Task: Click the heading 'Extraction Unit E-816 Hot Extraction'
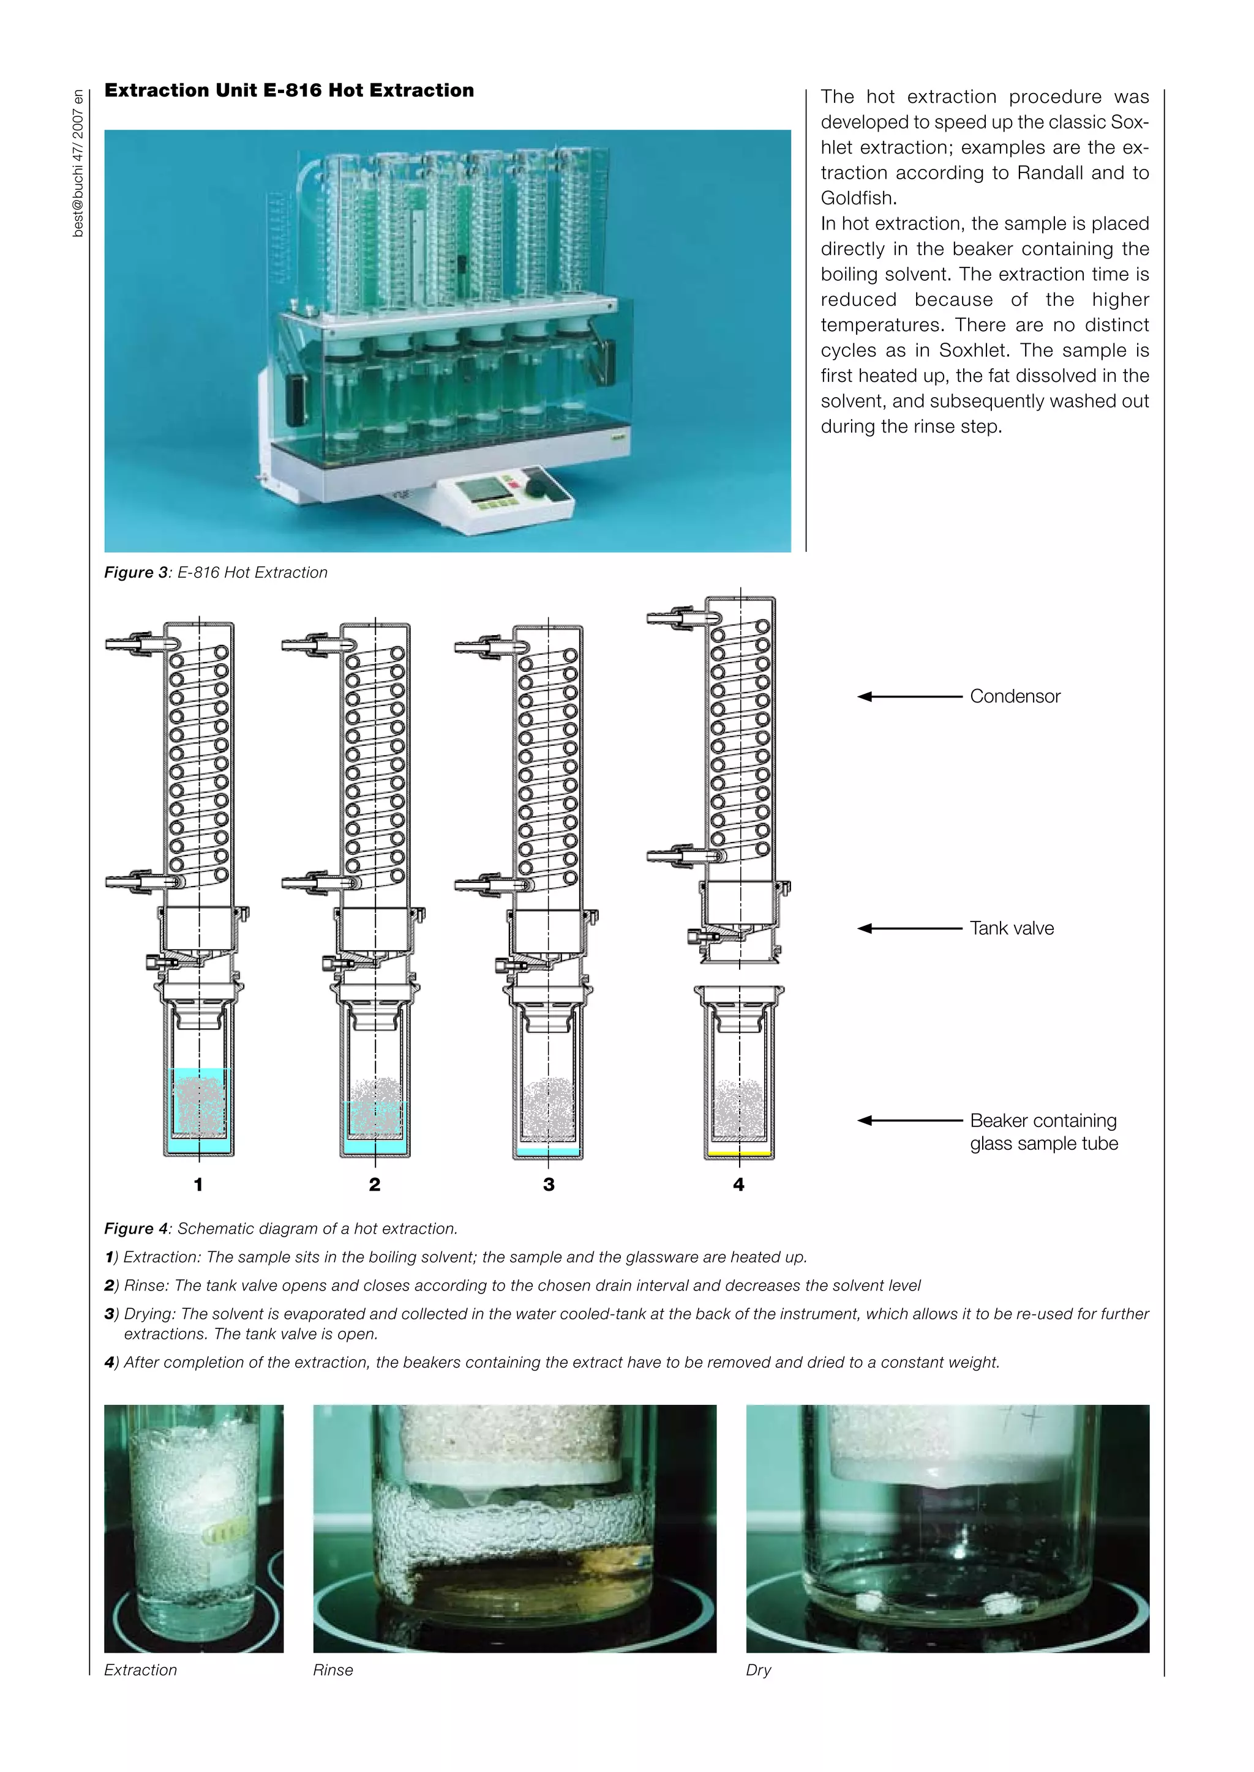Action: (x=289, y=91)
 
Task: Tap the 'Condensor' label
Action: (x=1015, y=696)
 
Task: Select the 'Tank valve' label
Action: (x=1012, y=928)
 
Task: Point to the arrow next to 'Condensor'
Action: (x=910, y=696)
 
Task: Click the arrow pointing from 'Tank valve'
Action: (x=910, y=928)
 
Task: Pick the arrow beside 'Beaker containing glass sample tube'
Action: (x=910, y=1120)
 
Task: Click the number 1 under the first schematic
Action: (x=198, y=1185)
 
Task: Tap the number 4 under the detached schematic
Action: (x=738, y=1185)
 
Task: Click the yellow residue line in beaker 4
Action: (x=739, y=1153)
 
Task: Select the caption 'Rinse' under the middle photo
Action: (x=333, y=1670)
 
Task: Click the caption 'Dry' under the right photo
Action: (x=758, y=1670)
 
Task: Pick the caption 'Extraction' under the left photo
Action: (x=141, y=1670)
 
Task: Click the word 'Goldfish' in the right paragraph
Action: (x=857, y=198)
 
